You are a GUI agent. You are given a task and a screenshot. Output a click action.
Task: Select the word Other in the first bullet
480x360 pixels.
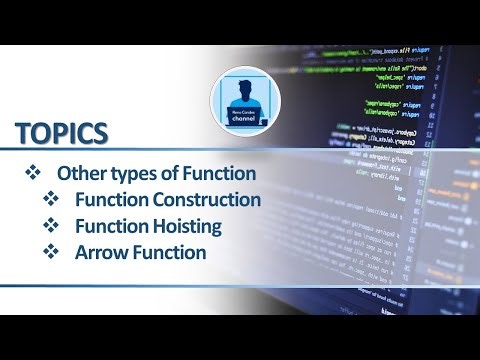tap(80, 173)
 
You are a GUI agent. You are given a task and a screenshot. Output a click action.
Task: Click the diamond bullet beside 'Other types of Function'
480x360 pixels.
tap(30, 173)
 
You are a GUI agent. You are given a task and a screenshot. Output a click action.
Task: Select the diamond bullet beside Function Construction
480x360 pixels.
tap(50, 199)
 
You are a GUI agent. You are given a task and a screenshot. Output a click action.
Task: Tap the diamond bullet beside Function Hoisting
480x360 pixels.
tap(50, 226)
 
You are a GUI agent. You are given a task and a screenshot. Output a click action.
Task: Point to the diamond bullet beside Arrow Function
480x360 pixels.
tap(50, 252)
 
